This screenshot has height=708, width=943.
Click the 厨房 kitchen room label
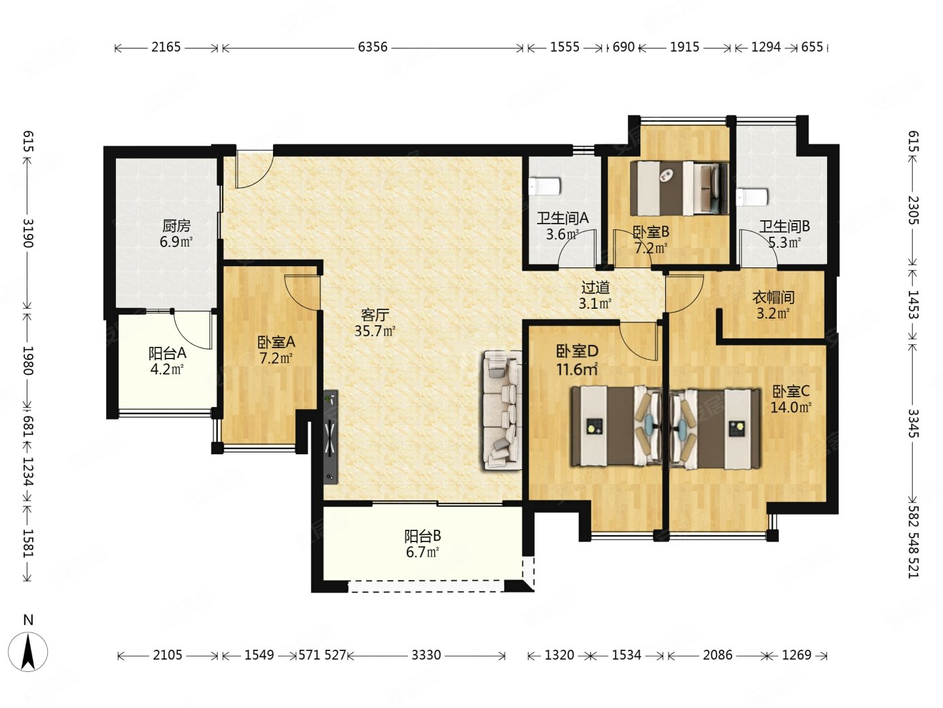(176, 226)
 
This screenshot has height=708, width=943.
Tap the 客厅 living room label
(375, 315)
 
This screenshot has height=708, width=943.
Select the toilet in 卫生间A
(544, 187)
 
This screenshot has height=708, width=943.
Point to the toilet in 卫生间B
(752, 197)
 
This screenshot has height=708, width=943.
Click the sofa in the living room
(503, 410)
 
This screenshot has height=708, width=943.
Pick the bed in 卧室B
(679, 189)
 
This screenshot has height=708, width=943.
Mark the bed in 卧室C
(715, 429)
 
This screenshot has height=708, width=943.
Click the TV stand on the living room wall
(331, 437)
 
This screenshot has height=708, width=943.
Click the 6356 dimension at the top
(373, 47)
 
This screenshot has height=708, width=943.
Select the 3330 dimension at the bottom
(426, 655)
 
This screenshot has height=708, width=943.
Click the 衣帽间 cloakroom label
(773, 297)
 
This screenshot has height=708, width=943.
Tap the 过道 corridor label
(595, 287)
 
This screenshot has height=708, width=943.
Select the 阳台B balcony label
(423, 536)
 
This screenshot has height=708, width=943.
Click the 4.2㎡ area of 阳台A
(167, 369)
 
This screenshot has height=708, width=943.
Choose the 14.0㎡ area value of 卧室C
(790, 406)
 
